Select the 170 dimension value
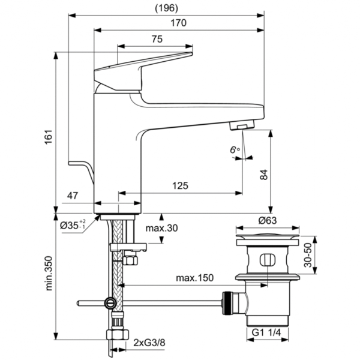pyautogui.click(x=179, y=23)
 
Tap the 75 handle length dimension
pyautogui.click(x=156, y=39)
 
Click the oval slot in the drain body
pyautogui.click(x=267, y=259)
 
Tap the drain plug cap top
pyautogui.click(x=267, y=235)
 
